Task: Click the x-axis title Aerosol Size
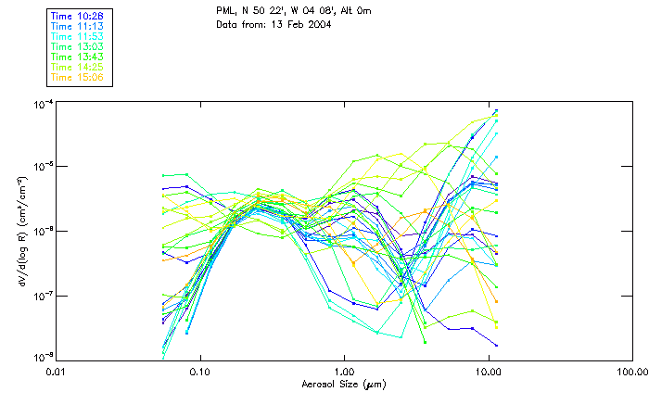click(343, 383)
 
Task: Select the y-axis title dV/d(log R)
click(21, 230)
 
